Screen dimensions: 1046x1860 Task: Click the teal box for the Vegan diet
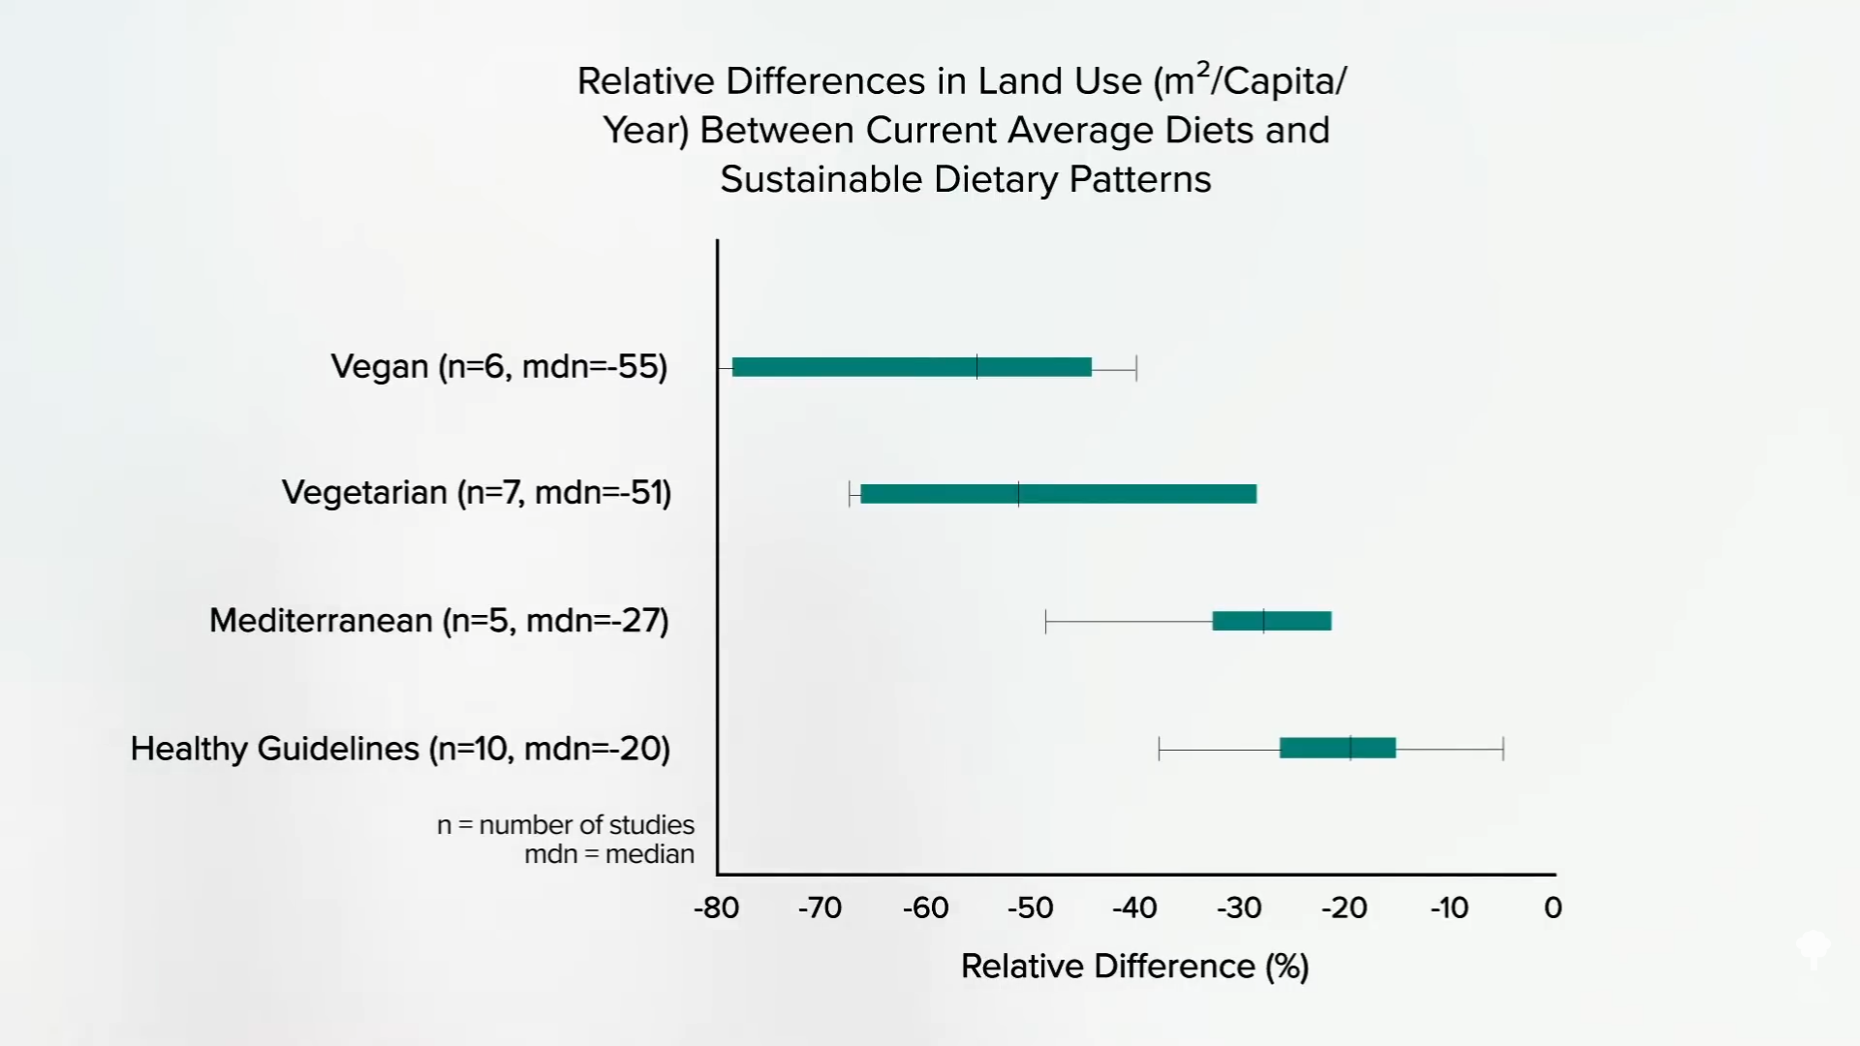coord(912,367)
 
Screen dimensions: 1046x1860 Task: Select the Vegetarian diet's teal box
coord(1058,494)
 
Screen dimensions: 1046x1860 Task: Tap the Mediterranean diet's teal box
coord(1271,621)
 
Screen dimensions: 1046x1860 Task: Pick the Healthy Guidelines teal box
coord(1337,748)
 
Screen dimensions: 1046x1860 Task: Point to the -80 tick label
coord(716,908)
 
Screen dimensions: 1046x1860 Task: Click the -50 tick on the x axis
coord(1030,908)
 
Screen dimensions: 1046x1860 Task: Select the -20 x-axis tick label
coord(1344,908)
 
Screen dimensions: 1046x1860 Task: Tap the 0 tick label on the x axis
coord(1553,908)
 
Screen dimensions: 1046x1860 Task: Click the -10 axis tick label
coord(1449,908)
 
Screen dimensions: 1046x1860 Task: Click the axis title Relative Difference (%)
coord(1134,967)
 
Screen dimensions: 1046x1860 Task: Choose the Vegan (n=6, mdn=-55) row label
coord(499,367)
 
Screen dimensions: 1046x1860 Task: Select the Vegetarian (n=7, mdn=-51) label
coord(477,493)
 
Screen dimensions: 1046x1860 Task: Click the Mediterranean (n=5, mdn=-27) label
coord(439,621)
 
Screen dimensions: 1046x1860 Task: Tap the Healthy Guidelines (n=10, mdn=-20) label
coord(400,749)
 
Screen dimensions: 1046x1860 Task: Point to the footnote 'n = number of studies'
coord(566,825)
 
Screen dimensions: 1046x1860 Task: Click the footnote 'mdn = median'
coord(609,854)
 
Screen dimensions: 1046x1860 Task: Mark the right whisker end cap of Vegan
coord(1136,368)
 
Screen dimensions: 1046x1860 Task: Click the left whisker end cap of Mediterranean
coord(1046,622)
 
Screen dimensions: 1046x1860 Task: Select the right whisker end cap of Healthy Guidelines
coord(1503,749)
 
